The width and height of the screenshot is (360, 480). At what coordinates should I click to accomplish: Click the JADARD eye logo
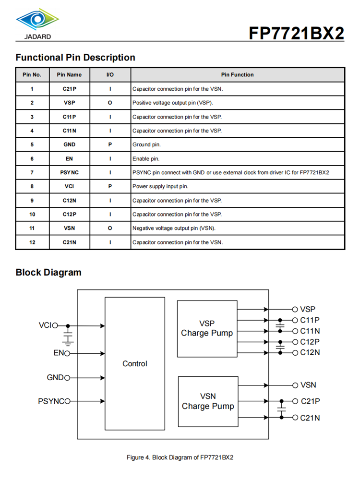click(37, 20)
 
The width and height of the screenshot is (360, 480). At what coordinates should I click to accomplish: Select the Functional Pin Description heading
click(75, 58)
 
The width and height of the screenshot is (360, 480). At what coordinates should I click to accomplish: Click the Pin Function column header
click(237, 75)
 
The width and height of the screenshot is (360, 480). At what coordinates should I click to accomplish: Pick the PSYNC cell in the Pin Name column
click(69, 172)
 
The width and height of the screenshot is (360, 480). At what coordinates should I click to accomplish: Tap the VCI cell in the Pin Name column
click(69, 186)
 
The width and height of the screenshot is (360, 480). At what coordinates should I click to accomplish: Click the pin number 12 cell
click(32, 242)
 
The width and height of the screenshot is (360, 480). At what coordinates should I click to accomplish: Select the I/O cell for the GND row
click(110, 144)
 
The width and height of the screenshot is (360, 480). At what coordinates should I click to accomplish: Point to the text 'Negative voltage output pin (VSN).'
click(174, 228)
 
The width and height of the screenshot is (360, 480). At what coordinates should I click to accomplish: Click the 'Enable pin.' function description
click(146, 158)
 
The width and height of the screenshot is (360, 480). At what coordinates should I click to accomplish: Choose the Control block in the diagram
click(134, 363)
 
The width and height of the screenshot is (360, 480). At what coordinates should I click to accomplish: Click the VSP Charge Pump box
click(207, 328)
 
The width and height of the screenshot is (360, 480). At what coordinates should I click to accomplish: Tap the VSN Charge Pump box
click(208, 401)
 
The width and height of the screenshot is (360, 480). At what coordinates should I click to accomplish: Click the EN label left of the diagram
click(59, 353)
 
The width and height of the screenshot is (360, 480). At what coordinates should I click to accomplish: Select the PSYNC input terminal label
click(51, 401)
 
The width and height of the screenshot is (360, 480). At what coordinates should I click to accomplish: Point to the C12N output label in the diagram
click(310, 352)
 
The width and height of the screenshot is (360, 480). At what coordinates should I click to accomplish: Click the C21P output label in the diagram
click(310, 401)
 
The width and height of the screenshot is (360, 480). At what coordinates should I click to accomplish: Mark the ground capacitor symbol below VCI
click(68, 336)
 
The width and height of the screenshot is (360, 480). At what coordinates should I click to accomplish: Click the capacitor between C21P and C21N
click(281, 409)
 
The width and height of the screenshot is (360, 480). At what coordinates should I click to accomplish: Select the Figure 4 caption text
click(180, 457)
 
